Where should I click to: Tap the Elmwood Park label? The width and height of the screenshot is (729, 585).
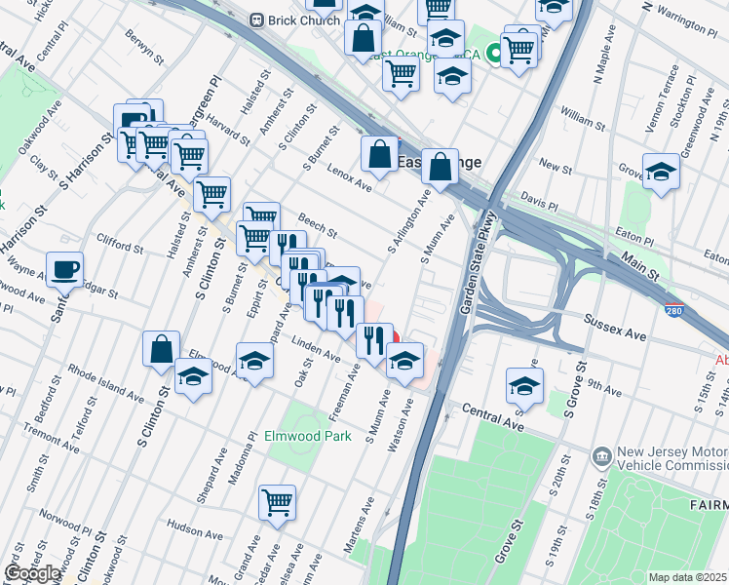[x=308, y=437]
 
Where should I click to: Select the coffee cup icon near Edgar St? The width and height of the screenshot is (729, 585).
[x=64, y=268]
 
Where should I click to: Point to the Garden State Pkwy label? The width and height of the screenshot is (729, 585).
[x=480, y=265]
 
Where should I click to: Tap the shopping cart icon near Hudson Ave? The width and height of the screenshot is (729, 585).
[x=278, y=503]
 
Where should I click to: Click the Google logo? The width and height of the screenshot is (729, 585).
[x=32, y=573]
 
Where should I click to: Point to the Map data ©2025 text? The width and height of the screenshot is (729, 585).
[x=687, y=577]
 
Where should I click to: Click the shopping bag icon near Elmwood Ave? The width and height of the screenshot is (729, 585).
[x=161, y=348]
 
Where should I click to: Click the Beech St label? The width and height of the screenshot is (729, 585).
[x=318, y=227]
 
